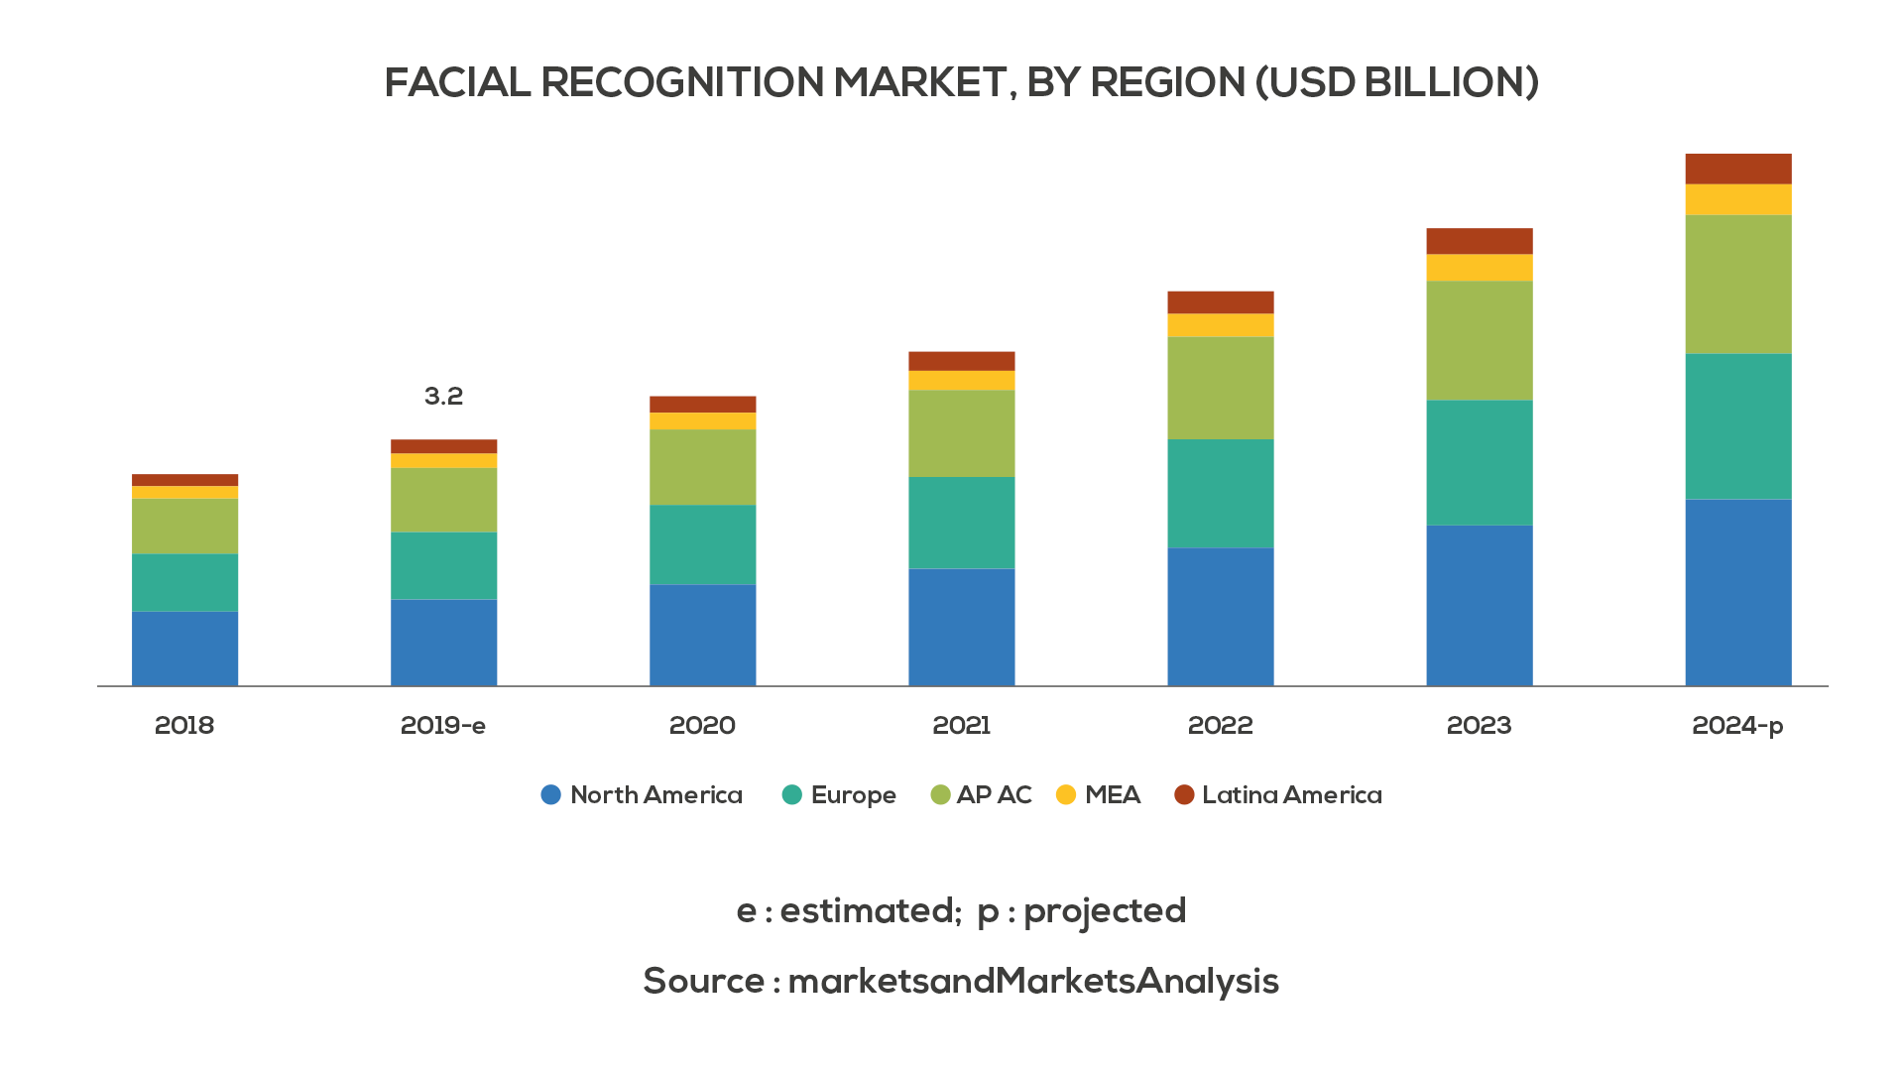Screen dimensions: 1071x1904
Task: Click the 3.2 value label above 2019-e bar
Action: [x=443, y=397]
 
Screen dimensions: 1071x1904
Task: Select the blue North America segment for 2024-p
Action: [x=1737, y=592]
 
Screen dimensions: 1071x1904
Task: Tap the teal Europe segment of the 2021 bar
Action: [x=961, y=523]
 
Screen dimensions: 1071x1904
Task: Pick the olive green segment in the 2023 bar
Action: [x=1479, y=340]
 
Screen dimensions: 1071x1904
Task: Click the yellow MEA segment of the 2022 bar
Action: [x=1220, y=325]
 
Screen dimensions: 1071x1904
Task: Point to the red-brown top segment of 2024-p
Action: [x=1737, y=169]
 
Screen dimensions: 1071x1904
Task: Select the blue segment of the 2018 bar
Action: [x=184, y=649]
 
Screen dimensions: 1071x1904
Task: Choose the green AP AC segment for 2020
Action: [x=702, y=467]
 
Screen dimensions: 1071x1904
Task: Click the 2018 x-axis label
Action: [x=184, y=726]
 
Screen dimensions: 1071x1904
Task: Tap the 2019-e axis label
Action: [x=443, y=726]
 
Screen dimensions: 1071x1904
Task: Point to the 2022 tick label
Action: [x=1220, y=726]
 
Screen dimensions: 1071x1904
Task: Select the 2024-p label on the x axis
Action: [x=1737, y=726]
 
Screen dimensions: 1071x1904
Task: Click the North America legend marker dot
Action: [x=551, y=794]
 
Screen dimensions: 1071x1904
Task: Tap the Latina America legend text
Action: [x=1291, y=795]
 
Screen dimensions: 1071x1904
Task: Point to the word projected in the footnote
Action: [x=1104, y=911]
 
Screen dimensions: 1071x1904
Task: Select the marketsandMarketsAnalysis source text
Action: [x=1032, y=982]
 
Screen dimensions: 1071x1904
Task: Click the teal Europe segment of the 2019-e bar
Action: [x=443, y=565]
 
